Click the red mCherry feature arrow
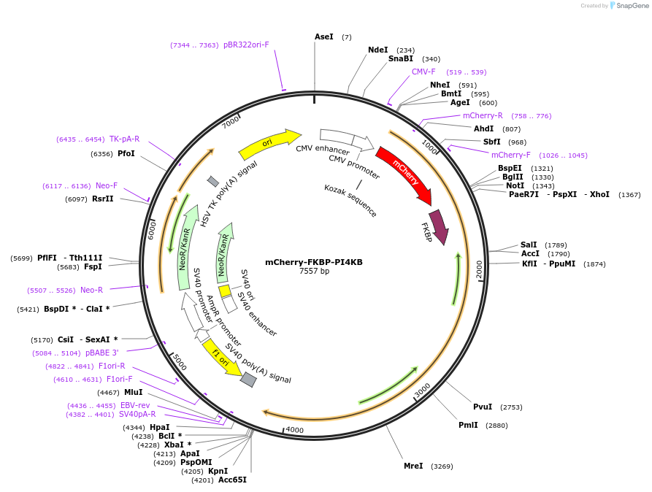click(404, 174)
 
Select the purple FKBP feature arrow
click(440, 227)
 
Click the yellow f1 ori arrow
click(221, 357)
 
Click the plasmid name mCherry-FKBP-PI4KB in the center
click(314, 262)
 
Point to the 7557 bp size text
click(314, 272)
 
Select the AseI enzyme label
click(323, 36)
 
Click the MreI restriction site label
click(413, 466)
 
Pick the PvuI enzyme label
click(483, 407)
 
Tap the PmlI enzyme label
click(468, 425)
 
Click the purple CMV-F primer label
click(423, 72)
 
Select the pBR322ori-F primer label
click(246, 45)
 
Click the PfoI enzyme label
click(126, 153)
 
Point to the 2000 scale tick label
click(479, 269)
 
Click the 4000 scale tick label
click(294, 430)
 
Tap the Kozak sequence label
click(350, 200)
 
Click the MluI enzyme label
click(134, 392)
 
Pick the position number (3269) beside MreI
click(442, 466)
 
